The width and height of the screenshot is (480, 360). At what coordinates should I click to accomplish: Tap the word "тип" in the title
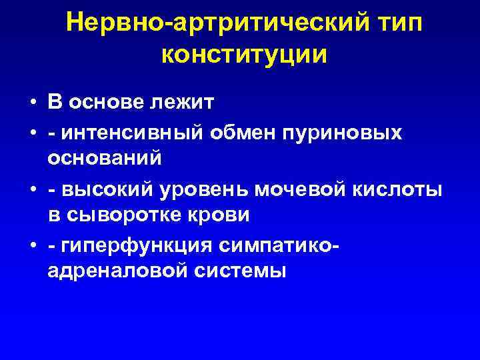[x=397, y=23]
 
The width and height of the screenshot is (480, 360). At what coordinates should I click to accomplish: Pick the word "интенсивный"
[x=133, y=132]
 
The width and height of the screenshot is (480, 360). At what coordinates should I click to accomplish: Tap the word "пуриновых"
[x=347, y=132]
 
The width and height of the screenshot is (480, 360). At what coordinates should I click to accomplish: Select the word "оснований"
[x=105, y=160]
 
